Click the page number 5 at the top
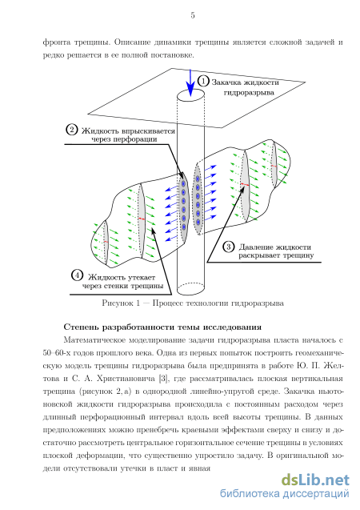coord(193,15)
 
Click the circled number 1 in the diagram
coord(203,81)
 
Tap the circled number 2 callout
coord(71,130)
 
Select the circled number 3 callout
coord(229,247)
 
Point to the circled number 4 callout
coord(77,275)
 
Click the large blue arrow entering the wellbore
coord(190,82)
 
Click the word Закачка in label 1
coord(226,82)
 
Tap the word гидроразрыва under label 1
coord(249,93)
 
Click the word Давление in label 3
coord(254,247)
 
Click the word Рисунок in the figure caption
coord(117,303)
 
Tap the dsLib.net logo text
coord(315,480)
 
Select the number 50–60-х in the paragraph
coord(57,353)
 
